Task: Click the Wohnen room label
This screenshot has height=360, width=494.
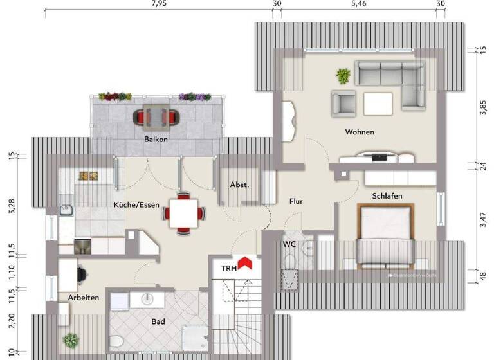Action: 360,132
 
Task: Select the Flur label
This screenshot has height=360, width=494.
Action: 296,201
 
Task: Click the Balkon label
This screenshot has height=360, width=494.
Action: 156,139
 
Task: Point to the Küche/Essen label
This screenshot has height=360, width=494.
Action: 136,205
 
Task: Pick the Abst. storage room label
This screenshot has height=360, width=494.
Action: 239,185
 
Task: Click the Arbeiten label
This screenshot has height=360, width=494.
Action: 84,298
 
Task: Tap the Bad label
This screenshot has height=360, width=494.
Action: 159,321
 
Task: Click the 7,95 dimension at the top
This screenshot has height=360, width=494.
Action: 159,4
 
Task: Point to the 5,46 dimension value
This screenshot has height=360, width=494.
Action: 358,4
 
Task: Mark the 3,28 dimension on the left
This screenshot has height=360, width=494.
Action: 11,206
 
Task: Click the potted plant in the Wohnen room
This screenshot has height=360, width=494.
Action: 343,76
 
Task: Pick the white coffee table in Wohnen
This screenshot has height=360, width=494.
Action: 378,103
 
